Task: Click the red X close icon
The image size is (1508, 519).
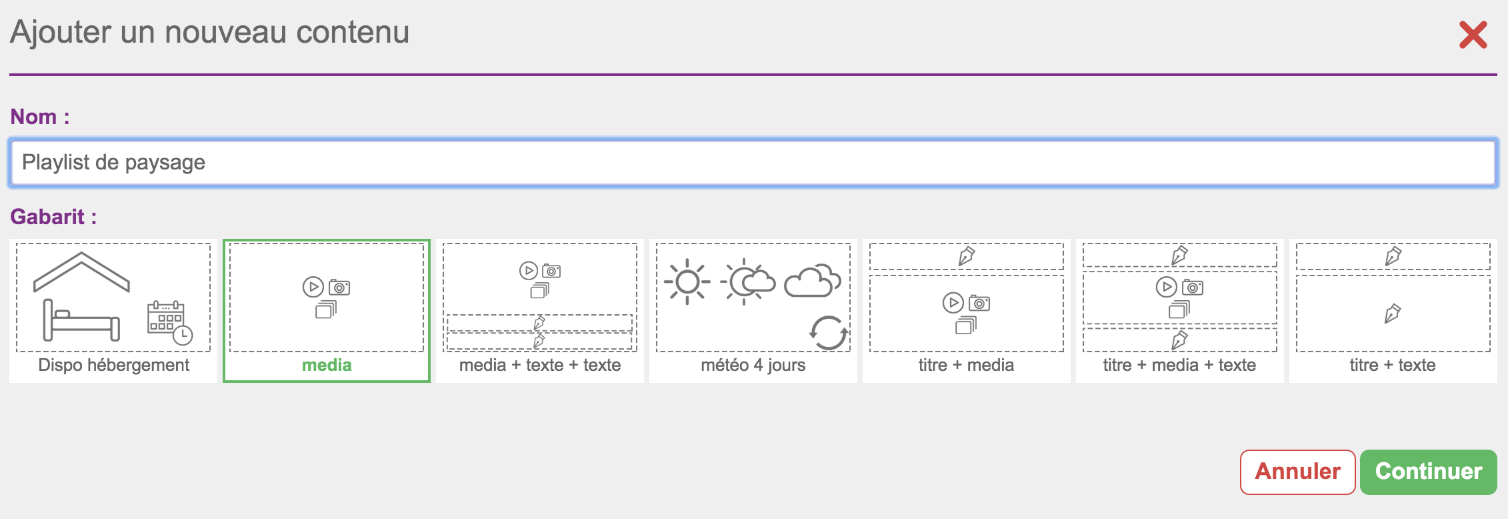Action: (1473, 35)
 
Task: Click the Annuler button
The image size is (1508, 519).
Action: (1297, 472)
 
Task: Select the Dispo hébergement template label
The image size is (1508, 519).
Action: (113, 365)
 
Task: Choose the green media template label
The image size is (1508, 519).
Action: (327, 365)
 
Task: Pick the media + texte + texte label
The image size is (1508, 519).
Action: (540, 365)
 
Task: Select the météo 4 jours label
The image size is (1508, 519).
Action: (753, 365)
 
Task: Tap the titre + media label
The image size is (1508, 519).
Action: (966, 365)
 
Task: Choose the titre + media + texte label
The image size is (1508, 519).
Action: (1179, 365)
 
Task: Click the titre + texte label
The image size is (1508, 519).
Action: (1393, 365)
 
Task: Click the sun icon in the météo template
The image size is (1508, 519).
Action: (687, 282)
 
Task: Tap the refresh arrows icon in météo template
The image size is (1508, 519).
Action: (829, 332)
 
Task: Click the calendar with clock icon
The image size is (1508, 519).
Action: (169, 323)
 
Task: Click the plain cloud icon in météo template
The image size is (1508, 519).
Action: (812, 281)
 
